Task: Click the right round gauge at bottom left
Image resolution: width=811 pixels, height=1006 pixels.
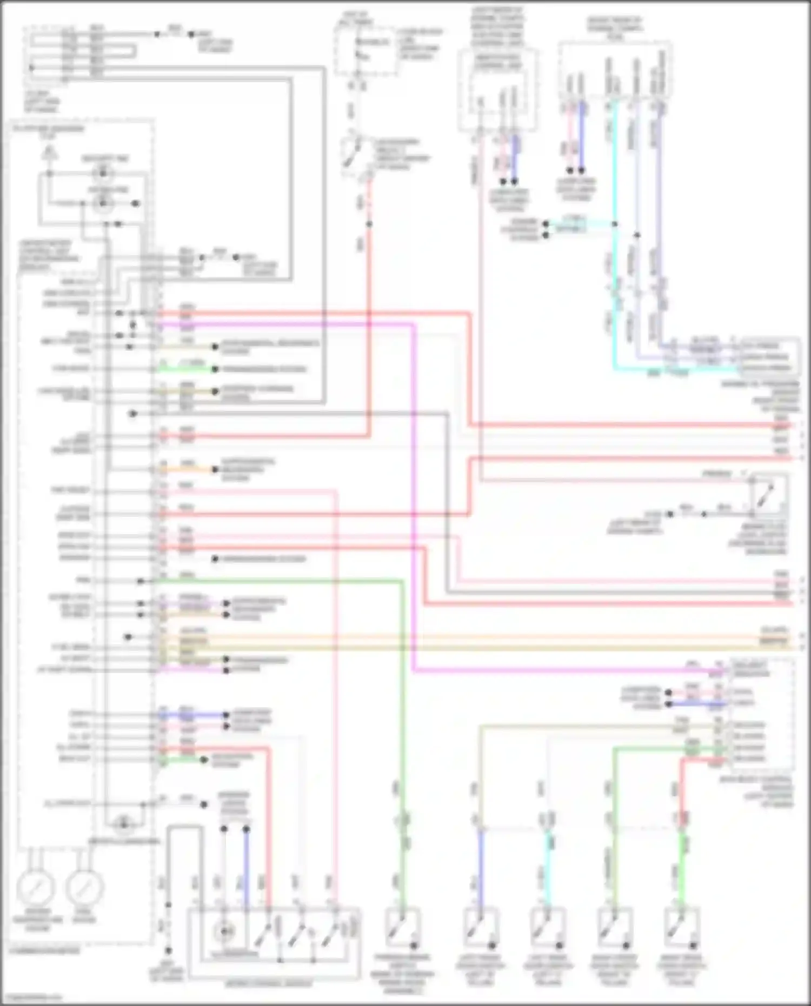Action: point(85,887)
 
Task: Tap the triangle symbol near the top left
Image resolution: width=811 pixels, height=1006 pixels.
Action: point(49,154)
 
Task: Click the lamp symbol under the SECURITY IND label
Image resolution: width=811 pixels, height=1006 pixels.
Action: point(103,174)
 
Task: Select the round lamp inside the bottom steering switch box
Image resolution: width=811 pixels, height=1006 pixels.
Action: point(223,931)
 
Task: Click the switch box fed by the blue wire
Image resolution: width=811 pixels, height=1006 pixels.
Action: point(480,927)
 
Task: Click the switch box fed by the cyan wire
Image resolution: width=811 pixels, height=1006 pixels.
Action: point(547,927)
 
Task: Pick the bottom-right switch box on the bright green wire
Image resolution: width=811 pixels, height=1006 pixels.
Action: point(681,927)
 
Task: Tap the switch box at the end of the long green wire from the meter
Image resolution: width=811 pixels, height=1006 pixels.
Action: point(402,927)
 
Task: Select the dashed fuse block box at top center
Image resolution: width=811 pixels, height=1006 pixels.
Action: point(365,51)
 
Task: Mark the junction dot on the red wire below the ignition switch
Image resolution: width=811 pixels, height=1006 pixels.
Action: point(369,224)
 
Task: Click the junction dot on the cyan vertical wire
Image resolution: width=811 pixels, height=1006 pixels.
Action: point(615,224)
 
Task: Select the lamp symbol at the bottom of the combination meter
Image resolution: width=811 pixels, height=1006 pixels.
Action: point(124,824)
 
